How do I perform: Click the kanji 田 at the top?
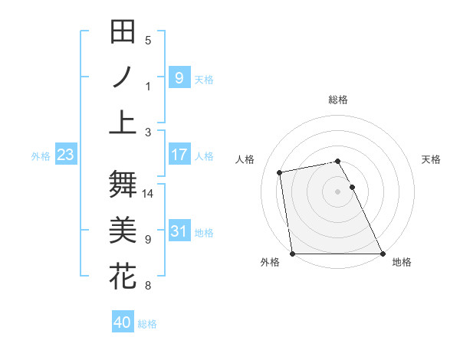pos(123,33)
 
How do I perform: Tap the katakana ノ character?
pos(123,77)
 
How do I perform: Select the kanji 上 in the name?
pos(123,122)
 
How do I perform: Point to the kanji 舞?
pos(123,184)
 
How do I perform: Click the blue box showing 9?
pos(179,77)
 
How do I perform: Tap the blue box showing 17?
pos(179,155)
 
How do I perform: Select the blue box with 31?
pos(179,231)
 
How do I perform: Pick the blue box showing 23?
pos(66,155)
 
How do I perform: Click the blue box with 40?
pos(123,322)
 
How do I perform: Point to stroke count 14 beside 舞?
pos(148,194)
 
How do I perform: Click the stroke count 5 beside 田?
pos(148,41)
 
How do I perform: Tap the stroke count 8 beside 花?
pos(148,286)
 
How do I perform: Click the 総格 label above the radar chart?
pos(338,100)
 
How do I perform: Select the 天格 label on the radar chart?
pos(431,159)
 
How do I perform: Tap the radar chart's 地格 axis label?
pos(402,262)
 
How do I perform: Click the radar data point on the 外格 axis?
pos(292,254)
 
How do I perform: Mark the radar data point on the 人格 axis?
pos(280,172)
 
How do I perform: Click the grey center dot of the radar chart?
pos(338,191)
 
